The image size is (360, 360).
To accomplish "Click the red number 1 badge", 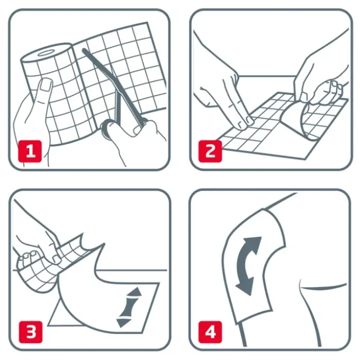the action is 30,151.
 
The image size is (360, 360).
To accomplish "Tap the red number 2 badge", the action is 210,151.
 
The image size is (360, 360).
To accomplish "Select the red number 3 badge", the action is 31,332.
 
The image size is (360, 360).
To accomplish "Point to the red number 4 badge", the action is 210,332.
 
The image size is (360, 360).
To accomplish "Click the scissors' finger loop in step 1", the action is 108,129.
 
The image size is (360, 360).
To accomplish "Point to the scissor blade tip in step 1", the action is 84,50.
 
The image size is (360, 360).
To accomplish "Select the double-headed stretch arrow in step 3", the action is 128,307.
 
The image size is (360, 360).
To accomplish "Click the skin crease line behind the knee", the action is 323,287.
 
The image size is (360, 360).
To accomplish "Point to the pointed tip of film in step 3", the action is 104,244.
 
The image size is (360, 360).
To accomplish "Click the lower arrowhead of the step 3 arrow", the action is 123,322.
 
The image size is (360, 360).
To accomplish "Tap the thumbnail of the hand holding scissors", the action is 138,130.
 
